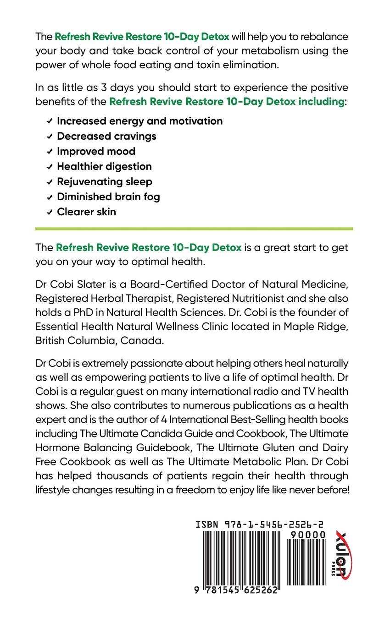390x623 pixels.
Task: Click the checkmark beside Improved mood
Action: click(x=49, y=152)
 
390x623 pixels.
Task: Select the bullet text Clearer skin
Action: click(x=86, y=212)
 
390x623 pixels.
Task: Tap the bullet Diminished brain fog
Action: click(x=108, y=197)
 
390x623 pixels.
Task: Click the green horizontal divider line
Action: click(x=194, y=228)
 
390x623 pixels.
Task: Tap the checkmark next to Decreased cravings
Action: click(x=49, y=137)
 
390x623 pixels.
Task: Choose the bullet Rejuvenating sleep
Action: click(x=104, y=181)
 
